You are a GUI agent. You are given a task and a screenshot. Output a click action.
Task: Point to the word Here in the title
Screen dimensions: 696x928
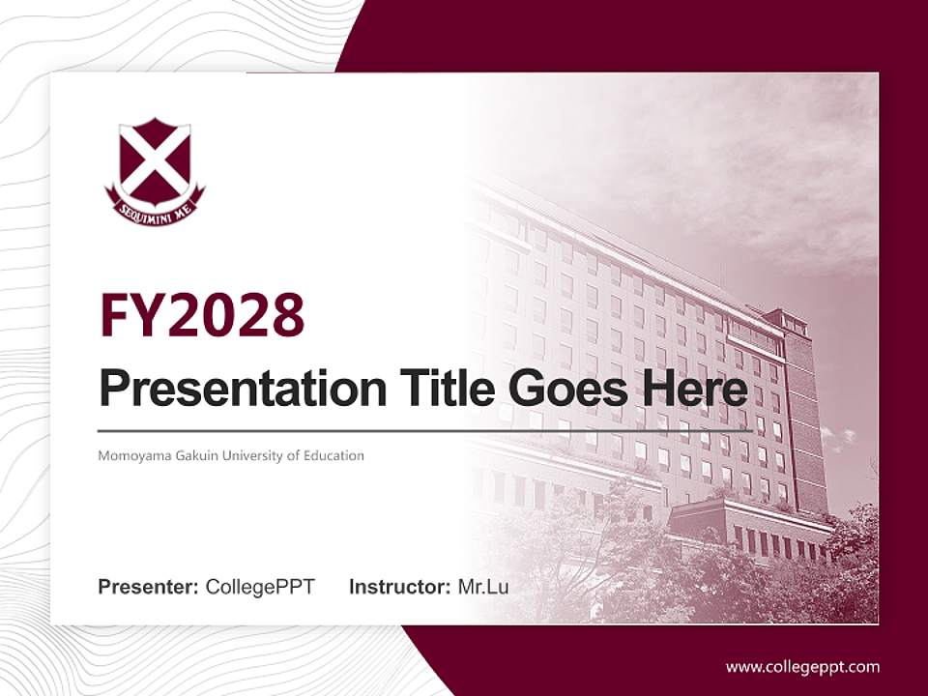click(x=692, y=389)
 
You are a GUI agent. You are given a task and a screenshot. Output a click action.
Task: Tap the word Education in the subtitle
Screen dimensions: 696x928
click(x=333, y=455)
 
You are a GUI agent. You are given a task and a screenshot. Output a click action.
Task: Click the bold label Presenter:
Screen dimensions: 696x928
click(x=149, y=587)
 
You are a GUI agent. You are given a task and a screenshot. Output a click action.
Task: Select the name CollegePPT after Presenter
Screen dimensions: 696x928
click(x=260, y=587)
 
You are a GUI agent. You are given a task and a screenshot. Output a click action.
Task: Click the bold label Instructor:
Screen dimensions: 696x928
click(x=400, y=587)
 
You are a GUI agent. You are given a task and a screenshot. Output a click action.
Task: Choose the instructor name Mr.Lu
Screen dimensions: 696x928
click(x=483, y=587)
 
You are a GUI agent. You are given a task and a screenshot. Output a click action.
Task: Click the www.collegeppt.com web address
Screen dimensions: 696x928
click(x=802, y=667)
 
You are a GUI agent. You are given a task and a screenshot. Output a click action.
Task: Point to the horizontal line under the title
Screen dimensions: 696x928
click(x=425, y=430)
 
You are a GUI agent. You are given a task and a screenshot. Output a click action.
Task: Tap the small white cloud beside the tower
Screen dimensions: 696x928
click(x=839, y=437)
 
